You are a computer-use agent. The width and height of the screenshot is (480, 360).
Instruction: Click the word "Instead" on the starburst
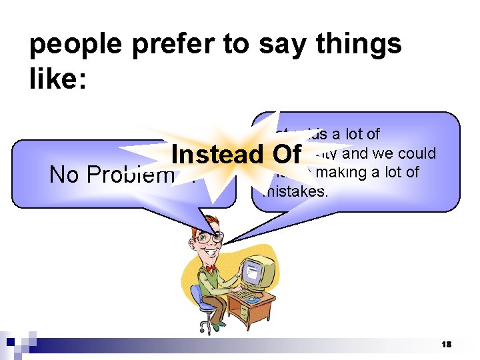[217, 154]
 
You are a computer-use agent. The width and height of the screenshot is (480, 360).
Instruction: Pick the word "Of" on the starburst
[285, 154]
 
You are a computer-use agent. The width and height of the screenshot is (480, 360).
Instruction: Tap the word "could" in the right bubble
[417, 153]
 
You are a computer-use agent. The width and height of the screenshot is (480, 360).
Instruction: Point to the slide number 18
[446, 344]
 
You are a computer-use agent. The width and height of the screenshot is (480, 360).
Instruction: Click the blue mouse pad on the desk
[252, 300]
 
